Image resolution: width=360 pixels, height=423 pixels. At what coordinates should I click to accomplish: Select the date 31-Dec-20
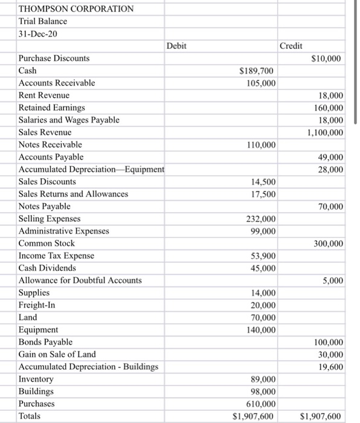tap(38, 34)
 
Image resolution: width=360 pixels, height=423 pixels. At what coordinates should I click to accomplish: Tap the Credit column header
tap(291, 46)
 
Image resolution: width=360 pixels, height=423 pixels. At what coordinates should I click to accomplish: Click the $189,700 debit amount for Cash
tap(258, 71)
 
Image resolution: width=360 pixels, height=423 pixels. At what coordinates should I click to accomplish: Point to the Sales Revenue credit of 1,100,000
tap(326, 132)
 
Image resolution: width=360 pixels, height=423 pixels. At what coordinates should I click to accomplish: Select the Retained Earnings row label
tap(52, 108)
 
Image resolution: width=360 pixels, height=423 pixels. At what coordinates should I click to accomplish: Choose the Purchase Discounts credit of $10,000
tap(327, 59)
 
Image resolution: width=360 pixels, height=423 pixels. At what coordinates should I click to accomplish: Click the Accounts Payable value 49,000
tap(330, 157)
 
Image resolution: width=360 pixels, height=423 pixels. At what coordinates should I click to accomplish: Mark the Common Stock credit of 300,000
tap(329, 244)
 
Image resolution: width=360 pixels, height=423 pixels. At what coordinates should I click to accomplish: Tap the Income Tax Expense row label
tap(56, 256)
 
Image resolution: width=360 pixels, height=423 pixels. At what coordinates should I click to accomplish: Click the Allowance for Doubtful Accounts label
tap(80, 280)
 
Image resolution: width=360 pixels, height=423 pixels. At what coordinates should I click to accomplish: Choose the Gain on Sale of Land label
tap(57, 354)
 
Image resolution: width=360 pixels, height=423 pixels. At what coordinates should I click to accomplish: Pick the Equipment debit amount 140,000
tap(261, 330)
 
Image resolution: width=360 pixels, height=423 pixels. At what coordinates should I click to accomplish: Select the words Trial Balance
tap(43, 21)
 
